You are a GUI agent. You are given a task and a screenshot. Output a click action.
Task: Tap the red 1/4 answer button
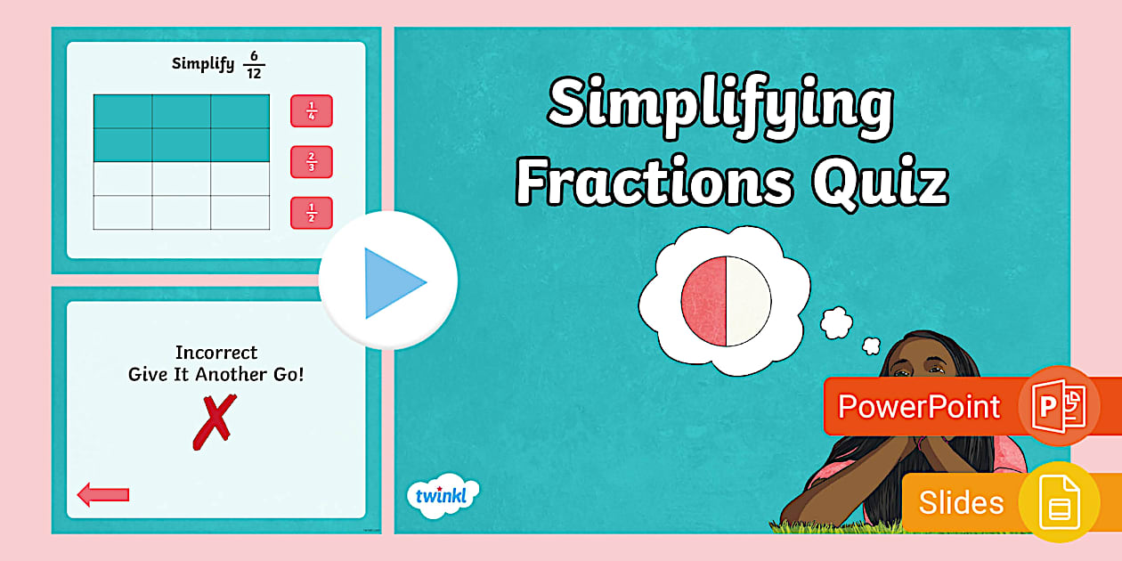coord(311,111)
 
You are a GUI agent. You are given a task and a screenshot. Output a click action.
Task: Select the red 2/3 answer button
coord(311,162)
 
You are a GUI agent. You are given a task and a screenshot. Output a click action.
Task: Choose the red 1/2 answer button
coord(311,213)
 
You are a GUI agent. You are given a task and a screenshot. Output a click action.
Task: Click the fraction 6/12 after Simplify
coord(254,66)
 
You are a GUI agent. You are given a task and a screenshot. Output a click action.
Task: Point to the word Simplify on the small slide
coord(202,64)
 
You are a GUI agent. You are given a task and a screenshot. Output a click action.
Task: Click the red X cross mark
coord(215,421)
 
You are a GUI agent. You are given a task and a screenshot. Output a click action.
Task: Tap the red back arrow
coord(103,494)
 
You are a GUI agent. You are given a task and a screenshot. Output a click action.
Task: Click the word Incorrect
coord(216,353)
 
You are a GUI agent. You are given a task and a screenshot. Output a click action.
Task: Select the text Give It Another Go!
coord(216,375)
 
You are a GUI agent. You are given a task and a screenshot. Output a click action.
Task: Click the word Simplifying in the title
coord(720,105)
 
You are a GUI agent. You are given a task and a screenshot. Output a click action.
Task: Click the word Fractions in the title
coord(654,184)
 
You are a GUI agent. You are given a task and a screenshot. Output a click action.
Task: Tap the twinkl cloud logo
coord(442,495)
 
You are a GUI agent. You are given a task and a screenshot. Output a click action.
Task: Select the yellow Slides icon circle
coord(1060,501)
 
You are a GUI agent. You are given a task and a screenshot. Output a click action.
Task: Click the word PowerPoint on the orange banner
coord(919,407)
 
